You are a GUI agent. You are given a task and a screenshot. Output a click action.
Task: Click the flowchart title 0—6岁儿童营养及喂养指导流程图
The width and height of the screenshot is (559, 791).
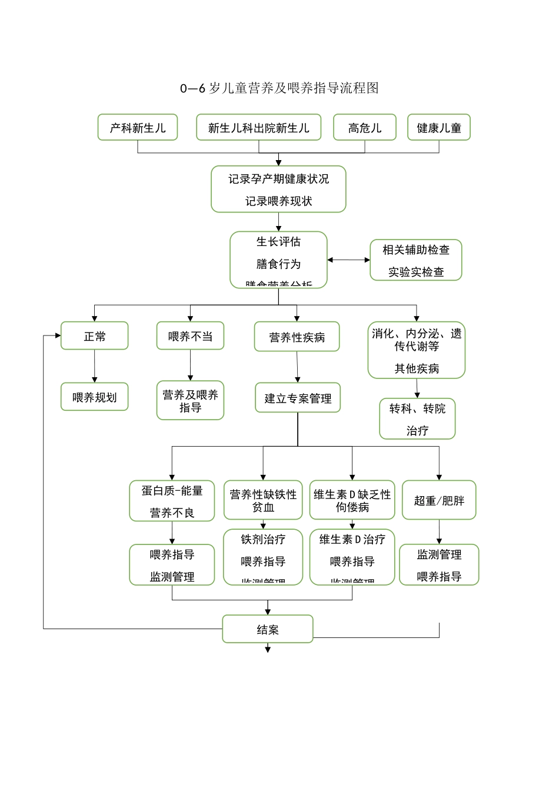click(279, 88)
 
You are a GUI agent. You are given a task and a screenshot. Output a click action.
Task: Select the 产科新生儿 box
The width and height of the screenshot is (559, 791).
click(138, 128)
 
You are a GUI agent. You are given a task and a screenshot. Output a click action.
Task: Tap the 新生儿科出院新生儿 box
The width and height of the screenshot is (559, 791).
click(258, 128)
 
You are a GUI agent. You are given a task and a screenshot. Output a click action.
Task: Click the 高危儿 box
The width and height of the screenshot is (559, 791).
click(365, 128)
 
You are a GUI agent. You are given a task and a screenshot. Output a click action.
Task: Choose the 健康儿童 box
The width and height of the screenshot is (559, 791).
click(439, 128)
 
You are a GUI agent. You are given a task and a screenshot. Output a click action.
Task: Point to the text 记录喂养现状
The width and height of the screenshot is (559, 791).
click(278, 201)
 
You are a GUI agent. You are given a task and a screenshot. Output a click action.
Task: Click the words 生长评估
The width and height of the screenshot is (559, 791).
click(278, 242)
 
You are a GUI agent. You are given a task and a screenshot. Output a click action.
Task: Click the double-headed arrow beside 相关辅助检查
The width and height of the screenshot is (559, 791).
click(348, 260)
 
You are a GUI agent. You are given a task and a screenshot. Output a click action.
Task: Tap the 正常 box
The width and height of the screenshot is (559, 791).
click(95, 336)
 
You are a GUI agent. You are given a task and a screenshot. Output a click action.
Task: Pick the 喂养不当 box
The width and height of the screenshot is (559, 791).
click(190, 336)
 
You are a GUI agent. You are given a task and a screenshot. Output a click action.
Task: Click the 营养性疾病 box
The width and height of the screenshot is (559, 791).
click(297, 337)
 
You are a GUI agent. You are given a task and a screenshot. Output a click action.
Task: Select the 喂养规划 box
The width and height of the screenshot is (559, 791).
click(95, 397)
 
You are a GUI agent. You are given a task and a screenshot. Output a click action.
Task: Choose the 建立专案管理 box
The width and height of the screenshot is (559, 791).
click(298, 398)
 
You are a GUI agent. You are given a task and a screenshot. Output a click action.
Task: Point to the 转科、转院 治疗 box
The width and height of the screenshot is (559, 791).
click(417, 419)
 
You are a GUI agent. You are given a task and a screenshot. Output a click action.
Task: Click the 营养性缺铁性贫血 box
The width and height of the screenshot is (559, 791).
click(263, 500)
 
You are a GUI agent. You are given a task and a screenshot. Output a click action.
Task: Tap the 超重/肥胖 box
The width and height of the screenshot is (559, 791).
click(439, 500)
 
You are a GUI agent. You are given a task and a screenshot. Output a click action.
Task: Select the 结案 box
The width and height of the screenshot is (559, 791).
click(268, 630)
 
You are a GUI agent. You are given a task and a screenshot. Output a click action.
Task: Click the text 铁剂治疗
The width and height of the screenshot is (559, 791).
click(263, 539)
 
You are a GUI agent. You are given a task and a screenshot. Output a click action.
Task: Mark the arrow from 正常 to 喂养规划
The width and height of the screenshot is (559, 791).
click(95, 366)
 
